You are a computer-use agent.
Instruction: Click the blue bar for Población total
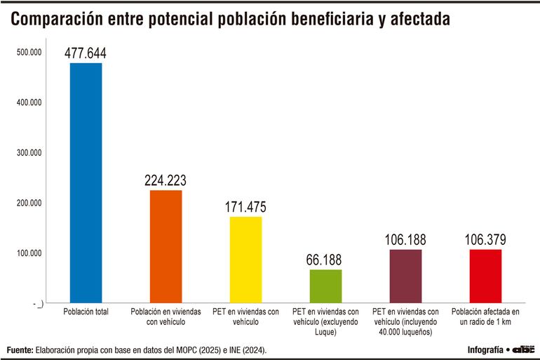[86, 182]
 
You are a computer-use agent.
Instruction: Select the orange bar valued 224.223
[166, 246]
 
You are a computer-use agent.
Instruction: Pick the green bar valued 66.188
[325, 286]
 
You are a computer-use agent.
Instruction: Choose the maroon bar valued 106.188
[406, 276]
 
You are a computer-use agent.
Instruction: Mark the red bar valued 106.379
[485, 276]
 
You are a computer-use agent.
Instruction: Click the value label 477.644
[86, 53]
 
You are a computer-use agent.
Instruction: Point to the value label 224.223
[166, 180]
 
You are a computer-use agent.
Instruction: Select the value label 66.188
[325, 260]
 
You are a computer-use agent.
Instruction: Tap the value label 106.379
[485, 240]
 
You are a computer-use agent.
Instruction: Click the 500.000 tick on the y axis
[29, 53]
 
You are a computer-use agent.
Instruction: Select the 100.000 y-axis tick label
[29, 253]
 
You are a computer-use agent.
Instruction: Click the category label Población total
[86, 312]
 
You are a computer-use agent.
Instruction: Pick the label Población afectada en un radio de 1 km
[485, 316]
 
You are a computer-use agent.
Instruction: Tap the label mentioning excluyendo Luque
[325, 321]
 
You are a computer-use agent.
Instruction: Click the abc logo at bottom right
[523, 349]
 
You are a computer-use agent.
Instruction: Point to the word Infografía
[485, 349]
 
